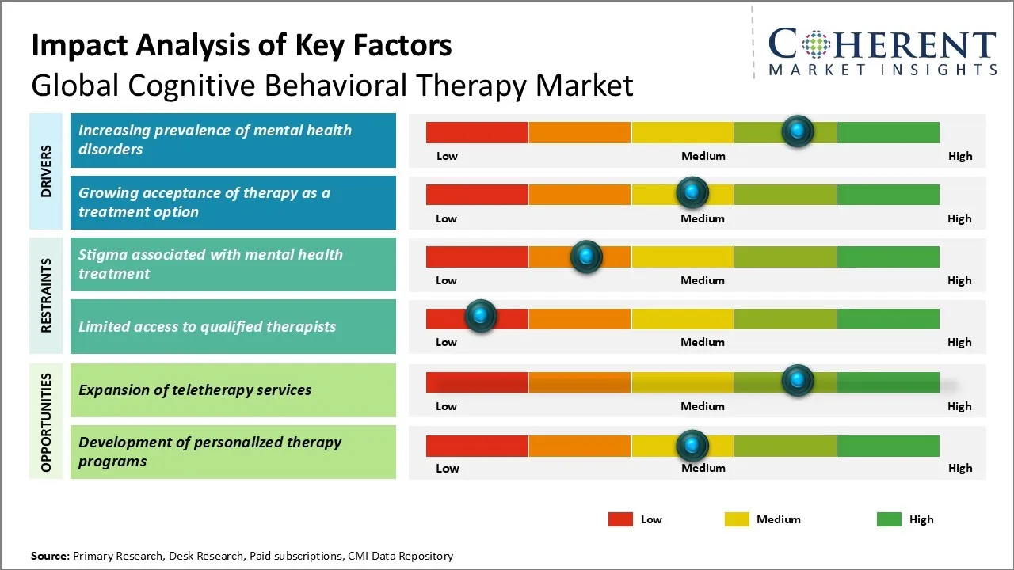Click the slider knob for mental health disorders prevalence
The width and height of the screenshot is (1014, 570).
(x=798, y=131)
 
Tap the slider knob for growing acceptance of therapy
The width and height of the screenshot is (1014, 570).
(x=692, y=192)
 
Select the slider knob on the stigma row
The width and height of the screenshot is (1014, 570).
(x=586, y=256)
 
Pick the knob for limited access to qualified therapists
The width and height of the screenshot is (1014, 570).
(x=480, y=317)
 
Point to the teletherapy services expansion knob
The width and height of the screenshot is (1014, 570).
(x=798, y=381)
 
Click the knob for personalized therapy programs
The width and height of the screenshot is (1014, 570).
(x=692, y=446)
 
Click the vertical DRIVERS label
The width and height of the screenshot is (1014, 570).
(x=46, y=171)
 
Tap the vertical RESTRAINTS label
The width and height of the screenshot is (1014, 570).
(x=46, y=295)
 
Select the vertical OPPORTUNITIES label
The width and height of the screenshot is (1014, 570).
(x=46, y=422)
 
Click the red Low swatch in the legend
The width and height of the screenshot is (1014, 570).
(x=620, y=519)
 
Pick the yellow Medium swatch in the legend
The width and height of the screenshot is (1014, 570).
(x=737, y=519)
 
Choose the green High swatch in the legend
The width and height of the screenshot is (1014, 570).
(x=889, y=519)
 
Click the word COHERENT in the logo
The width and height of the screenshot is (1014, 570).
(x=882, y=44)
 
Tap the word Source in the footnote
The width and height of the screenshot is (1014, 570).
(x=49, y=556)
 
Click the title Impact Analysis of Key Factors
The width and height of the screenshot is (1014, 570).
(x=242, y=45)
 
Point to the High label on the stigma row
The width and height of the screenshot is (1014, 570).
(x=959, y=280)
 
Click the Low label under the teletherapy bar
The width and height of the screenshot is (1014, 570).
(x=447, y=406)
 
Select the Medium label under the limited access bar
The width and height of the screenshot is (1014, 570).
(x=703, y=342)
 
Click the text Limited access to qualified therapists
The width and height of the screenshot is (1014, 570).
(x=208, y=326)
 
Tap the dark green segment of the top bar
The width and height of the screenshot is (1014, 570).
(x=888, y=132)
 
